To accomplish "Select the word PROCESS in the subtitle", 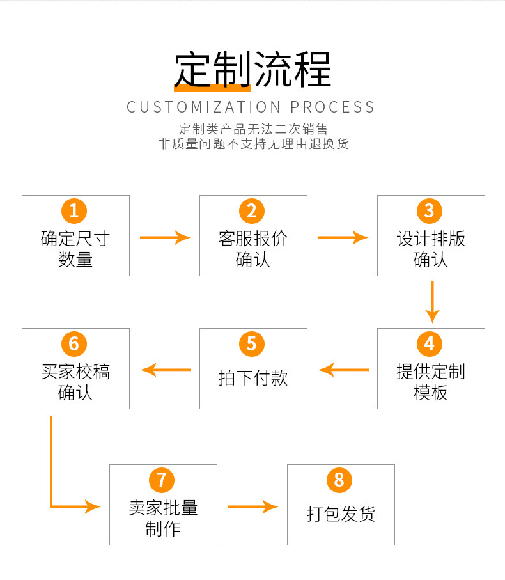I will click(332, 107).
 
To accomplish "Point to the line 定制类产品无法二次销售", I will click(253, 129).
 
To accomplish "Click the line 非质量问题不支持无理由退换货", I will click(253, 144).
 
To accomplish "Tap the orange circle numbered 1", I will click(74, 210).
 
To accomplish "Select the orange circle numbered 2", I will click(252, 210).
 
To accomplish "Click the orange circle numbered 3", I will click(430, 210).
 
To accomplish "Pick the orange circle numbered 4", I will click(430, 343).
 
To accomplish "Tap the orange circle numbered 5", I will click(252, 343).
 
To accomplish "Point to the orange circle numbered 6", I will click(74, 343).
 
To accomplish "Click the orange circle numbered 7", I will click(162, 480).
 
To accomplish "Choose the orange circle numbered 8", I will click(339, 480).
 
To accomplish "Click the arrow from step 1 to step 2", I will click(165, 238).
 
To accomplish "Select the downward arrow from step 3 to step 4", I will click(433, 301).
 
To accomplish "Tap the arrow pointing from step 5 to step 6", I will click(166, 370).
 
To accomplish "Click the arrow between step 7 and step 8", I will click(252, 507).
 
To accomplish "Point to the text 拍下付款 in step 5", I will click(253, 378).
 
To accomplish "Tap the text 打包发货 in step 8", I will click(341, 513).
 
